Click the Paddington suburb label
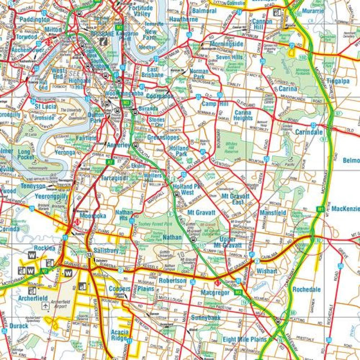pyautogui.click(x=34, y=20)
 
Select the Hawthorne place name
pyautogui.click(x=183, y=20)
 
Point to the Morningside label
pyautogui.click(x=226, y=44)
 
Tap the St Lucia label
pyautogui.click(x=45, y=106)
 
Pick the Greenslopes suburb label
pyautogui.click(x=163, y=137)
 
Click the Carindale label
pyautogui.click(x=309, y=132)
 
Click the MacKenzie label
pyautogui.click(x=345, y=209)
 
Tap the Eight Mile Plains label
pyautogui.click(x=244, y=339)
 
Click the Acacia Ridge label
pyautogui.click(x=120, y=336)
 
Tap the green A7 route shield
pyautogui.click(x=109, y=162)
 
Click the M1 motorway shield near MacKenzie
pyautogui.click(x=320, y=209)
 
